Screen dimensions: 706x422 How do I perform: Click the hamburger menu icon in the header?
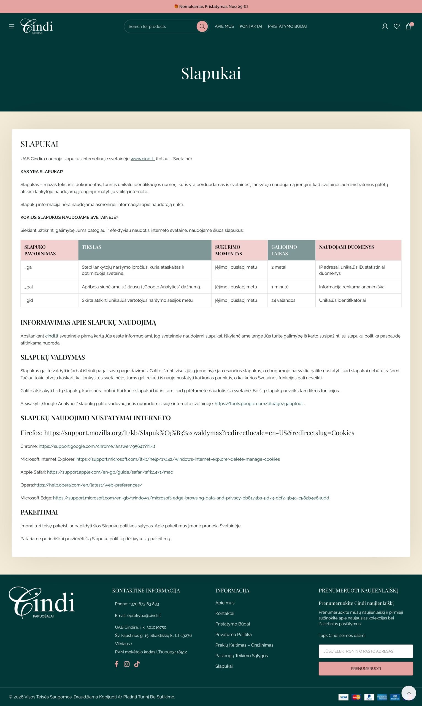[12, 26]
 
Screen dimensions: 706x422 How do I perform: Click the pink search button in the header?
[202, 26]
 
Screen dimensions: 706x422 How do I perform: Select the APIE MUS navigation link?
[224, 26]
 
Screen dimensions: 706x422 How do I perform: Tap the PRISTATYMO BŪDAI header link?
[287, 26]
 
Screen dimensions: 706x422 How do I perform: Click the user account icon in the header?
[385, 26]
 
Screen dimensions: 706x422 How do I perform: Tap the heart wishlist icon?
[396, 26]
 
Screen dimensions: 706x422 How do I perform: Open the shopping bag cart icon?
[408, 26]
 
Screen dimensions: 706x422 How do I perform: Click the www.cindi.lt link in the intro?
[142, 159]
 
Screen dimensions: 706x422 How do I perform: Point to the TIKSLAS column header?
[91, 247]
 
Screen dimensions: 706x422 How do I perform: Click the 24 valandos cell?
[283, 300]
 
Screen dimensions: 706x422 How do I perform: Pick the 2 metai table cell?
[279, 267]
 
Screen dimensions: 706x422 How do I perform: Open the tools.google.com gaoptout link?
[258, 404]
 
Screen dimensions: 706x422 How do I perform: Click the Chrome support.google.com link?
[97, 446]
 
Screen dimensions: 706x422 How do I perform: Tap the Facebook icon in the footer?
[116, 664]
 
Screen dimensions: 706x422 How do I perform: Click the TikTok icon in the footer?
[137, 664]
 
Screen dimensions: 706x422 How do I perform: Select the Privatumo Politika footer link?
[233, 635]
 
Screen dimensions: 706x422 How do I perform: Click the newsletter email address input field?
[366, 651]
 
